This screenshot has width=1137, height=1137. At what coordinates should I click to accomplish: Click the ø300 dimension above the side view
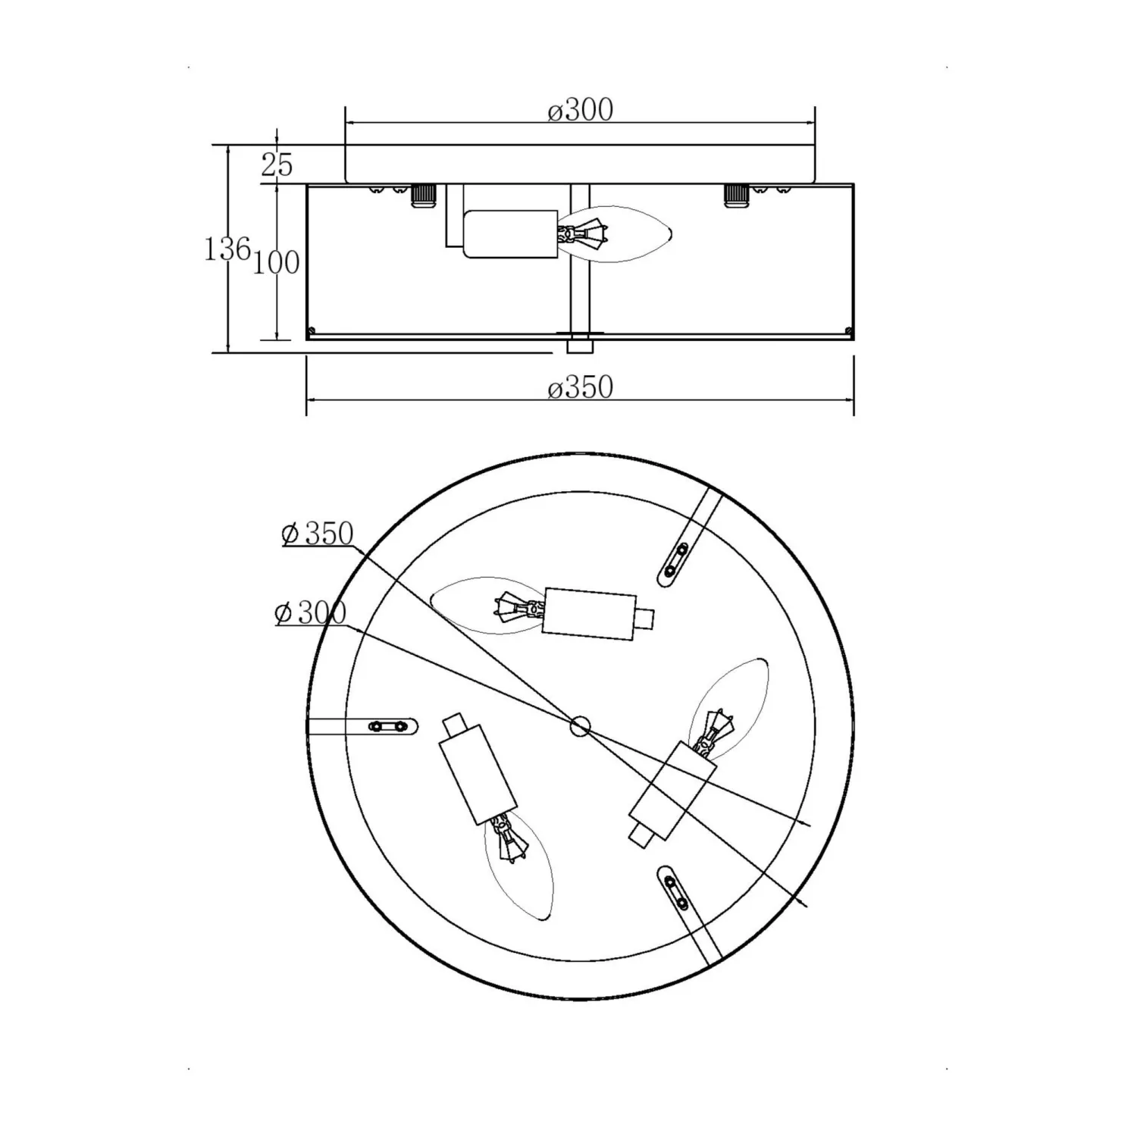580,111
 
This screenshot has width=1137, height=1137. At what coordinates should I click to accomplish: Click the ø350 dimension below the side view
580,388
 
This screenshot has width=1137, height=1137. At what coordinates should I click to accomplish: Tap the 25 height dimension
277,164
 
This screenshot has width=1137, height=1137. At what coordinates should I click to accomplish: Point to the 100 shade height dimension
276,262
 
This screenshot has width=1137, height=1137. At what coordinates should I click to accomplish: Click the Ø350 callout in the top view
318,534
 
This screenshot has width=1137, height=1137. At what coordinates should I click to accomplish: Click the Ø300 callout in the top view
310,612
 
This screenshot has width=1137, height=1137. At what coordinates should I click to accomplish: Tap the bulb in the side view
615,234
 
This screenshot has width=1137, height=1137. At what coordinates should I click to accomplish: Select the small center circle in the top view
580,726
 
